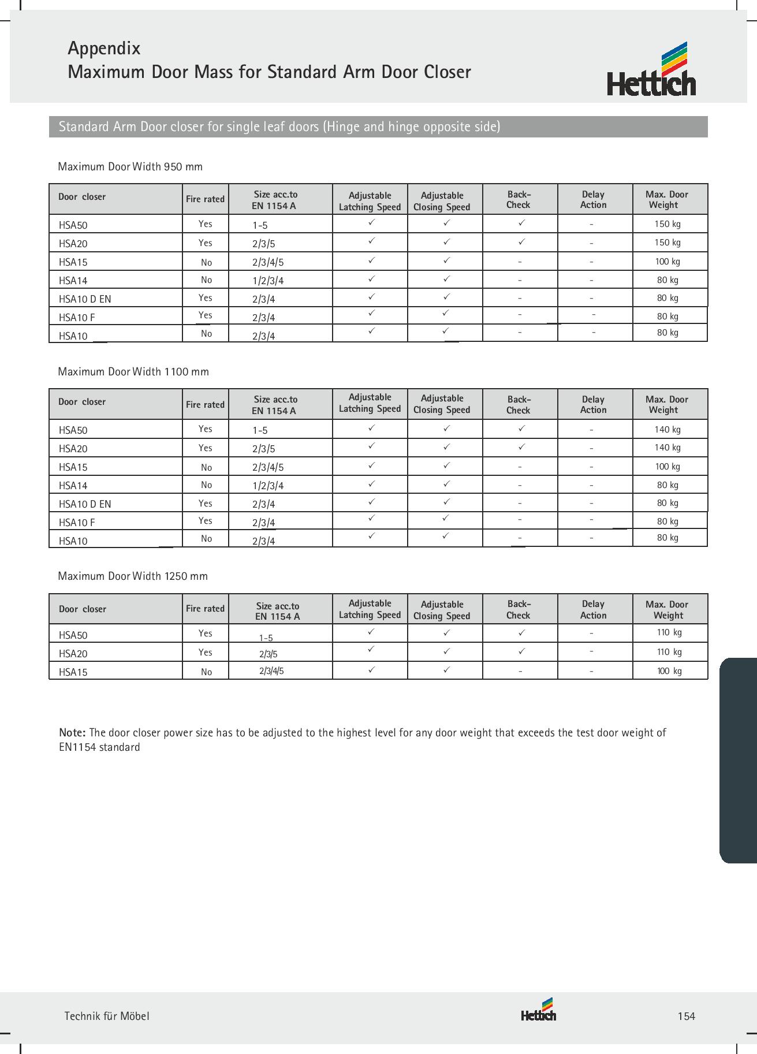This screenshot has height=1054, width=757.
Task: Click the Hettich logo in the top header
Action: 651,70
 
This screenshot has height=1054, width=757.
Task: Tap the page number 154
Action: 686,1016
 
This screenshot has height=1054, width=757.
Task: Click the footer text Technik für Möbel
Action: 107,1016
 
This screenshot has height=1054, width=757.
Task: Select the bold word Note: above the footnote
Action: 73,733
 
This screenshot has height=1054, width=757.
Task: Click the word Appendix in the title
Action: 104,48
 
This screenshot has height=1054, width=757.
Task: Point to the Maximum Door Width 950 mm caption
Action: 130,167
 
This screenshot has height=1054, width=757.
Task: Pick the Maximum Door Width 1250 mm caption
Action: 133,576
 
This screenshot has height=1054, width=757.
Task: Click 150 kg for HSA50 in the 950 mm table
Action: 667,224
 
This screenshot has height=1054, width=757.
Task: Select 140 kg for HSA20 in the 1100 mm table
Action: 667,448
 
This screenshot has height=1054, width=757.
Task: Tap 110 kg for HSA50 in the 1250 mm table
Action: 669,632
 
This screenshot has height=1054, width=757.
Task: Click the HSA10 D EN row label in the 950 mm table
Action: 85,299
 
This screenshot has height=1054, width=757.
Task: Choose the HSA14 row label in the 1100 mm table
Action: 73,486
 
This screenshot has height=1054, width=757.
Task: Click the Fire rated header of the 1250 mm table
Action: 205,609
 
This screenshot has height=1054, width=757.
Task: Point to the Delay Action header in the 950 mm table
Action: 594,199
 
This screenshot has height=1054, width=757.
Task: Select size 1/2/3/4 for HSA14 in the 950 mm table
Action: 268,281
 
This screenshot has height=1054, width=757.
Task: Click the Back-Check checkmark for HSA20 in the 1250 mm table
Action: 521,651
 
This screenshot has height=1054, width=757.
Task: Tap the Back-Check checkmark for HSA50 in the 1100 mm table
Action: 521,429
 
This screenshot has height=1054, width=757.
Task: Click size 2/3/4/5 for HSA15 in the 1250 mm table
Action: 271,671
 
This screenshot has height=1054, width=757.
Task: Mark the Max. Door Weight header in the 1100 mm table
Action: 667,404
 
